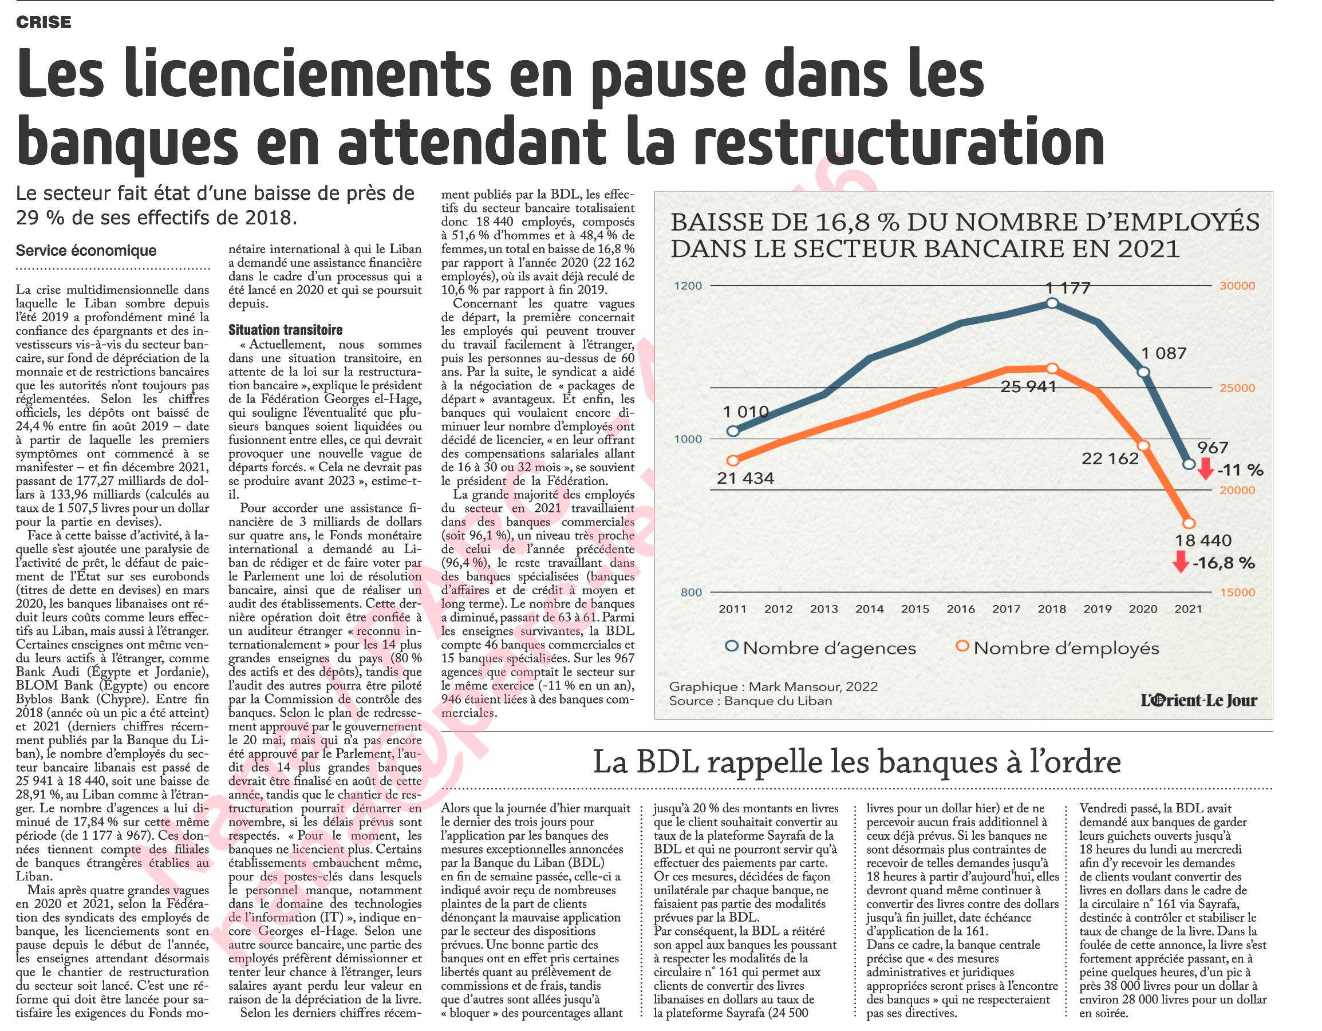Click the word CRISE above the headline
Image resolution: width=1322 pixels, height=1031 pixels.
tap(44, 22)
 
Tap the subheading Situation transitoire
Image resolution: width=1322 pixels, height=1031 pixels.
tap(285, 330)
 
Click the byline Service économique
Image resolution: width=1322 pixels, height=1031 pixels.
tap(86, 251)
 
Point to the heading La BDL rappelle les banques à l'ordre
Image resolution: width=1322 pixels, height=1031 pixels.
tap(857, 762)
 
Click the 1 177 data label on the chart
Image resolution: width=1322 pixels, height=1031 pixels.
tap(1068, 288)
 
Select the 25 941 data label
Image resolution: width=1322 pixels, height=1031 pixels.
tap(1028, 386)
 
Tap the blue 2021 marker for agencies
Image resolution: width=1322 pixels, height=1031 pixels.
tap(1188, 464)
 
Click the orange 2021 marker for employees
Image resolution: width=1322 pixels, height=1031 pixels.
tap(1188, 523)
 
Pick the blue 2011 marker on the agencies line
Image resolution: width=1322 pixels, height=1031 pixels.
tap(733, 431)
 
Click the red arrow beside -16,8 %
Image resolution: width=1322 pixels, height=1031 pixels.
tap(1180, 561)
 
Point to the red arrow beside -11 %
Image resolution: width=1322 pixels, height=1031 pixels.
tap(1205, 468)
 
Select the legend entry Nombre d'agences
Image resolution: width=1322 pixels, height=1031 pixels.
tap(821, 648)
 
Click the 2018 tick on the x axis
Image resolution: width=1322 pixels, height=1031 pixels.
tap(1052, 609)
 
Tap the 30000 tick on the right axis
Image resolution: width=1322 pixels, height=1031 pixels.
tap(1237, 286)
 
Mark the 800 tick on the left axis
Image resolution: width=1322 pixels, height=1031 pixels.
tap(691, 592)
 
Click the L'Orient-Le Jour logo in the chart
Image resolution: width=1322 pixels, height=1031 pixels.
tap(1199, 700)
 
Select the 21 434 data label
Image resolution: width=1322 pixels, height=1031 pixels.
tap(746, 479)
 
